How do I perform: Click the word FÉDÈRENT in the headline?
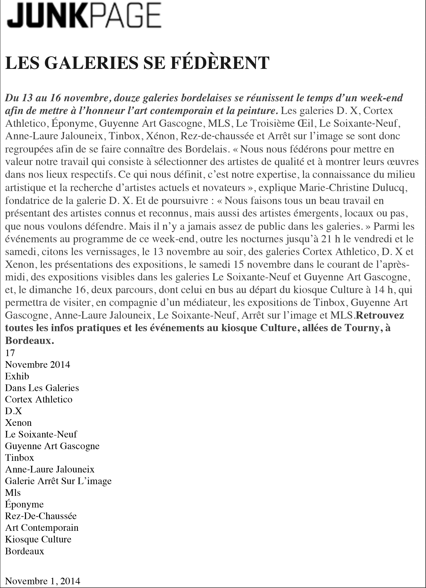click(220, 63)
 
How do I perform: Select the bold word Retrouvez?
click(380, 315)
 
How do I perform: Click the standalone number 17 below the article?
click(10, 353)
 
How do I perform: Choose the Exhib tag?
click(17, 376)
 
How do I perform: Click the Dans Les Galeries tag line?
click(42, 388)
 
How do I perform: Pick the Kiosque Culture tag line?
click(38, 539)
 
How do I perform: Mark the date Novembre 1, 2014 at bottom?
click(43, 581)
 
